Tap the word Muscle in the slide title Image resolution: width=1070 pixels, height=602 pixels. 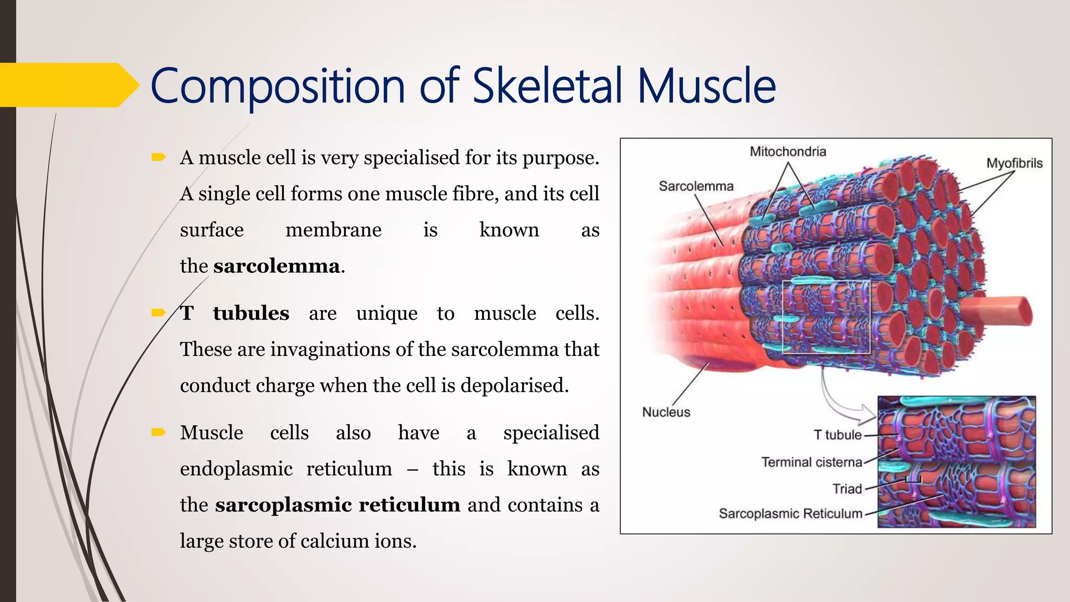tap(706, 86)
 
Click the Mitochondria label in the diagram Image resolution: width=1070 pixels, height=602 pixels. tap(788, 152)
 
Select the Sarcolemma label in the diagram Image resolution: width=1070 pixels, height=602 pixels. tap(696, 186)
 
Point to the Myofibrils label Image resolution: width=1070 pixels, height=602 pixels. tap(1014, 163)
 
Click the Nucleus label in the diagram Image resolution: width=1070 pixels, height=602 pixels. tap(666, 412)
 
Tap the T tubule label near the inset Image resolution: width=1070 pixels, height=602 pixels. tap(838, 435)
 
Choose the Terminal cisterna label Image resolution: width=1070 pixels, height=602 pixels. tap(811, 462)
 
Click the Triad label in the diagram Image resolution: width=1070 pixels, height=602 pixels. tap(847, 489)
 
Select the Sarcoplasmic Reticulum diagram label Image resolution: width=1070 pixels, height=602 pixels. tap(790, 513)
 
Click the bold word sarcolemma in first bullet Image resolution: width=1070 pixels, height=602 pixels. tap(276, 267)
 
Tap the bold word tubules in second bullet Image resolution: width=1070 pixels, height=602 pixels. tap(251, 314)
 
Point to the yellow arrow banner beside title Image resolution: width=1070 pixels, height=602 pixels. tap(68, 85)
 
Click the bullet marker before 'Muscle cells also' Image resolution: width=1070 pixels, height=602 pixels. tap(158, 432)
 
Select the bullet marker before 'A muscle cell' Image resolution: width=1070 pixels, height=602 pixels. tap(158, 157)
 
